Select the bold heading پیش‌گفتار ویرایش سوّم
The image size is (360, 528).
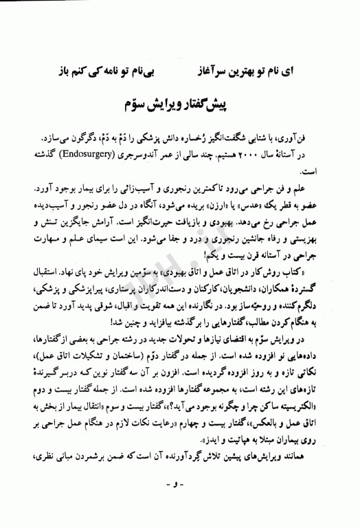tap(180, 104)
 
